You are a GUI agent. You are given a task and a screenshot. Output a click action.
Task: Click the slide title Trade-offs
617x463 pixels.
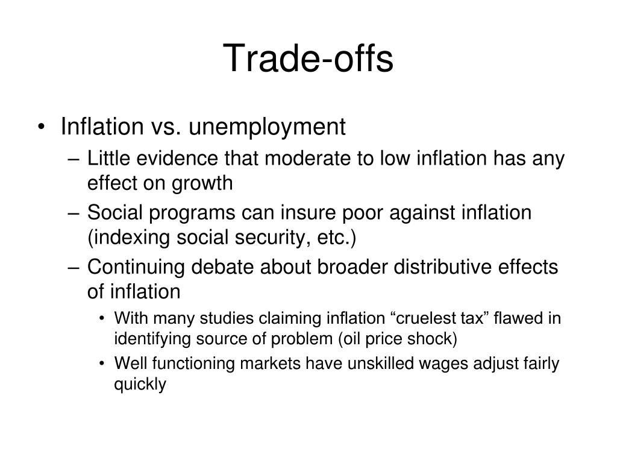click(308, 59)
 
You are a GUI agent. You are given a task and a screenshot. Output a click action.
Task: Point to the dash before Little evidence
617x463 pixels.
click(77, 160)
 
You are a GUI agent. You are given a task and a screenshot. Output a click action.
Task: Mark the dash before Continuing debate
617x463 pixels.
click(77, 268)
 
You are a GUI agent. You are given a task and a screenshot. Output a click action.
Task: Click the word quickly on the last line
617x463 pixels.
click(140, 385)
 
